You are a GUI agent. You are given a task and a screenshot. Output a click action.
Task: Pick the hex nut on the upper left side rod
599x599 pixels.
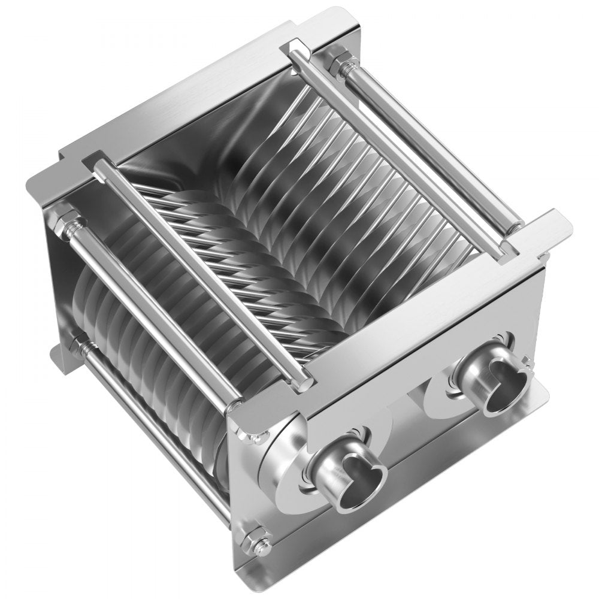66,220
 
